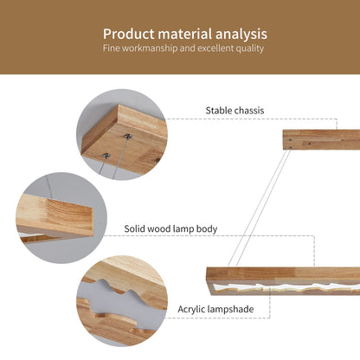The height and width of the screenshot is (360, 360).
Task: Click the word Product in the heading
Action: pyautogui.click(x=129, y=34)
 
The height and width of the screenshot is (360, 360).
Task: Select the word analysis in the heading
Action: pyautogui.click(x=241, y=34)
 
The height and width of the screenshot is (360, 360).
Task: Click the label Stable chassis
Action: pyautogui.click(x=235, y=110)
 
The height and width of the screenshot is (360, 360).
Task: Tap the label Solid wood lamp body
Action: pyautogui.click(x=170, y=228)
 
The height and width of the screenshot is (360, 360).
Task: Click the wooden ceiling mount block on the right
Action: pyautogui.click(x=321, y=139)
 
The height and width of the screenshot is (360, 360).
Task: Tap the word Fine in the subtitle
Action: pyautogui.click(x=112, y=48)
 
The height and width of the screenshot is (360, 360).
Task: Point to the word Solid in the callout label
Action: pyautogui.click(x=136, y=228)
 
